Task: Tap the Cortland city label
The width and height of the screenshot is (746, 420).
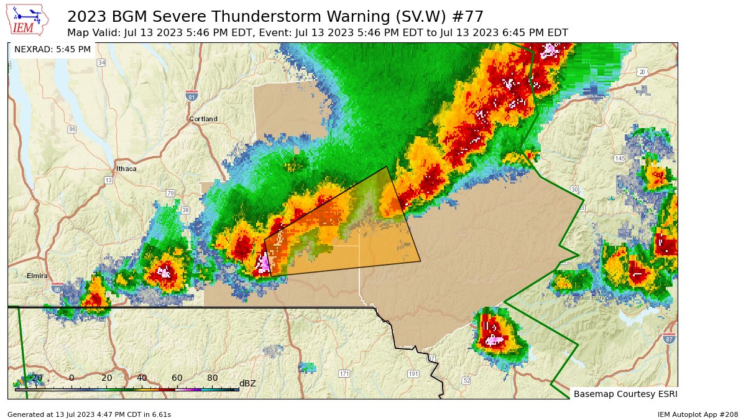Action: pyautogui.click(x=203, y=119)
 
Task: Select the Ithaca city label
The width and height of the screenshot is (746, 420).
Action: pyautogui.click(x=126, y=169)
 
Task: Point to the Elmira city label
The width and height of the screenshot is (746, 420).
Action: pyautogui.click(x=37, y=276)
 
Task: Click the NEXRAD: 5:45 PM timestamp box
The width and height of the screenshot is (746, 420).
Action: pyautogui.click(x=52, y=49)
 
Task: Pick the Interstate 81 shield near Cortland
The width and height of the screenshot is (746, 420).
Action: pyautogui.click(x=191, y=95)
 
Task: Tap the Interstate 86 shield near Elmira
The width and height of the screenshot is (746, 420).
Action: pyautogui.click(x=57, y=289)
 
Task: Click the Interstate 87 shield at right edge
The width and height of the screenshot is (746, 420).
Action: pyautogui.click(x=669, y=338)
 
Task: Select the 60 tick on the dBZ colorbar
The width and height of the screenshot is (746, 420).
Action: pyautogui.click(x=177, y=378)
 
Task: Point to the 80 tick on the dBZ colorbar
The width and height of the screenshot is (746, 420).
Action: pyautogui.click(x=212, y=378)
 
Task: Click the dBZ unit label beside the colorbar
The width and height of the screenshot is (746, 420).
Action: pyautogui.click(x=247, y=383)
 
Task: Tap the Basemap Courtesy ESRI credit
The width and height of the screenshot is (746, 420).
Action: pyautogui.click(x=624, y=394)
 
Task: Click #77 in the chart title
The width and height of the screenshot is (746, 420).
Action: pyautogui.click(x=466, y=16)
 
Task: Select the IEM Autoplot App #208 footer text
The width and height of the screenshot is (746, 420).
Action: pyautogui.click(x=698, y=414)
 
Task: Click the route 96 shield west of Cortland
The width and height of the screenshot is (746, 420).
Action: pyautogui.click(x=73, y=129)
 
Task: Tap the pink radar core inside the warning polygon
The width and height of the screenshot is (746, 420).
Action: pyautogui.click(x=264, y=263)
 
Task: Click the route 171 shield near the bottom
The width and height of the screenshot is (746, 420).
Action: pyautogui.click(x=344, y=373)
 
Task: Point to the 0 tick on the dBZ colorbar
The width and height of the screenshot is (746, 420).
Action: pyautogui.click(x=71, y=378)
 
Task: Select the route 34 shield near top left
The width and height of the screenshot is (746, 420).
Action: pyautogui.click(x=101, y=63)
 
